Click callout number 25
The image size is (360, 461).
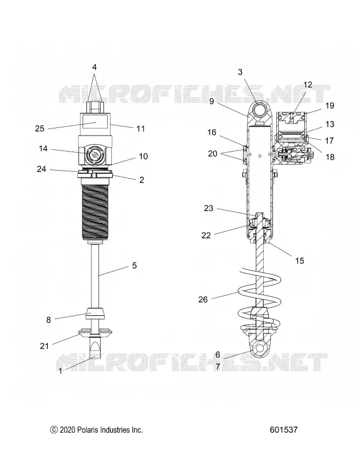point(40,129)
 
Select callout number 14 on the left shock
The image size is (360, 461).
point(43,149)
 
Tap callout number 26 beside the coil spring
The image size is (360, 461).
point(203,300)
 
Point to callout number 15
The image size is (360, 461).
point(300,260)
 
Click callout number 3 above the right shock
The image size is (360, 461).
point(240,72)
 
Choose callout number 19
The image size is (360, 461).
point(330,105)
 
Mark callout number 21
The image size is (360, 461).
point(44,346)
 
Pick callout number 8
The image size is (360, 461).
point(48,320)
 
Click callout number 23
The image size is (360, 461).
point(209,209)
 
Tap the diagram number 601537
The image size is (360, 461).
point(283,430)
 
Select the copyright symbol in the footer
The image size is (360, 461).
point(54,430)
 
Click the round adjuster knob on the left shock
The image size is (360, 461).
point(94,154)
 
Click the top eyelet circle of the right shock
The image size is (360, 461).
point(260,111)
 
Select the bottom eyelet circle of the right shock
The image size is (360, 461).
point(259,349)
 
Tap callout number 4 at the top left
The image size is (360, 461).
point(94,67)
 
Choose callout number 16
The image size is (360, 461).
point(212,133)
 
